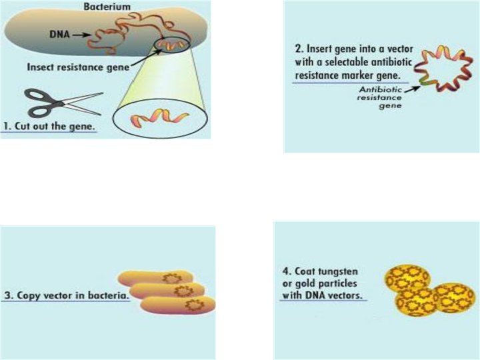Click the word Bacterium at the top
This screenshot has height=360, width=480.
click(107, 6)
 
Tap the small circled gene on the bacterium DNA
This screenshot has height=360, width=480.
click(172, 46)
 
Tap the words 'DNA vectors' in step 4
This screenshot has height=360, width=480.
click(336, 295)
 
